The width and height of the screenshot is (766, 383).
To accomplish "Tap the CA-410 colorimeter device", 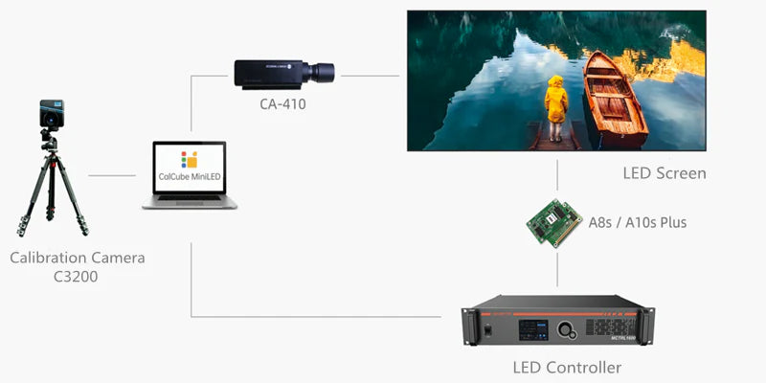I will (x=282, y=72).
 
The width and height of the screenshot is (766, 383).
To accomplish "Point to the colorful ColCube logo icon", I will (x=190, y=158).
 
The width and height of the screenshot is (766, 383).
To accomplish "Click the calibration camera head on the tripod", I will (x=51, y=115).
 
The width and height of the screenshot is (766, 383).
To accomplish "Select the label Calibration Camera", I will (x=78, y=258).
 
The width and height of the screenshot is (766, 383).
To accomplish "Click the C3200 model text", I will (x=78, y=278).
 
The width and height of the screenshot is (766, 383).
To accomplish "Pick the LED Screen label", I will (x=664, y=173).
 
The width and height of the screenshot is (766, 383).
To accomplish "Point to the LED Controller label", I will (x=567, y=368).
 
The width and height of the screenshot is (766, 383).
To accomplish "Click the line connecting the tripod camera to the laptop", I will (x=113, y=175).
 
